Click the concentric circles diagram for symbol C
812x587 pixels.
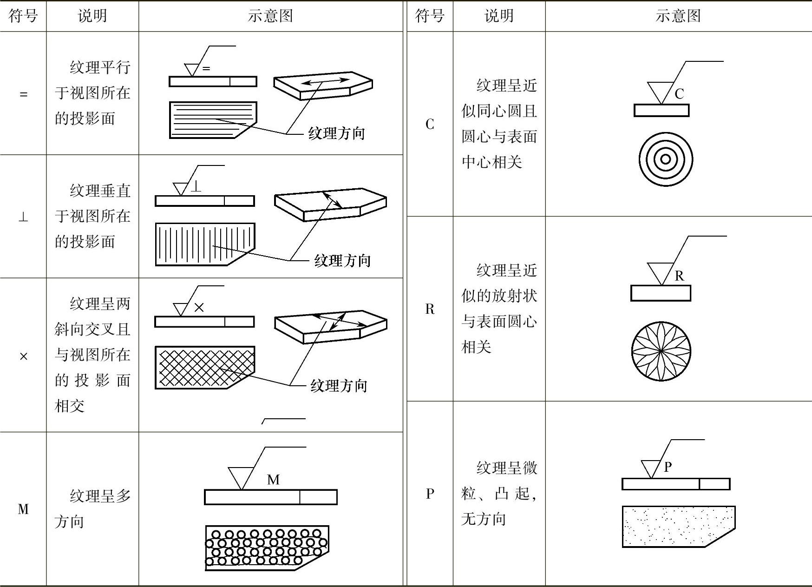pyautogui.click(x=665, y=159)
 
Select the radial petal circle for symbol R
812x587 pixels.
pyautogui.click(x=661, y=351)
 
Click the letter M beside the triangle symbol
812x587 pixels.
pyautogui.click(x=273, y=480)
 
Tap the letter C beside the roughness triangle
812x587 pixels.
pyautogui.click(x=679, y=94)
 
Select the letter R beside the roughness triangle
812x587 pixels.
pyautogui.click(x=679, y=276)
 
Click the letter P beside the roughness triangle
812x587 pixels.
pyautogui.click(x=668, y=467)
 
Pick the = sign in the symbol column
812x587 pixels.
pyautogui.click(x=23, y=94)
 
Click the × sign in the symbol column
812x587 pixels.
pyautogui.click(x=23, y=356)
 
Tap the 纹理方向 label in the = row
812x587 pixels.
pyautogui.click(x=337, y=134)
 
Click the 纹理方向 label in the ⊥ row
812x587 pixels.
pyautogui.click(x=342, y=261)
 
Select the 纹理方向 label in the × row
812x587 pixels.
pyautogui.click(x=339, y=386)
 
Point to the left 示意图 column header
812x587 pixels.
pyautogui.click(x=270, y=16)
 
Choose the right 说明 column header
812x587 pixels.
pyautogui.click(x=499, y=16)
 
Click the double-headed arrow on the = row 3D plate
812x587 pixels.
pyautogui.click(x=325, y=82)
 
